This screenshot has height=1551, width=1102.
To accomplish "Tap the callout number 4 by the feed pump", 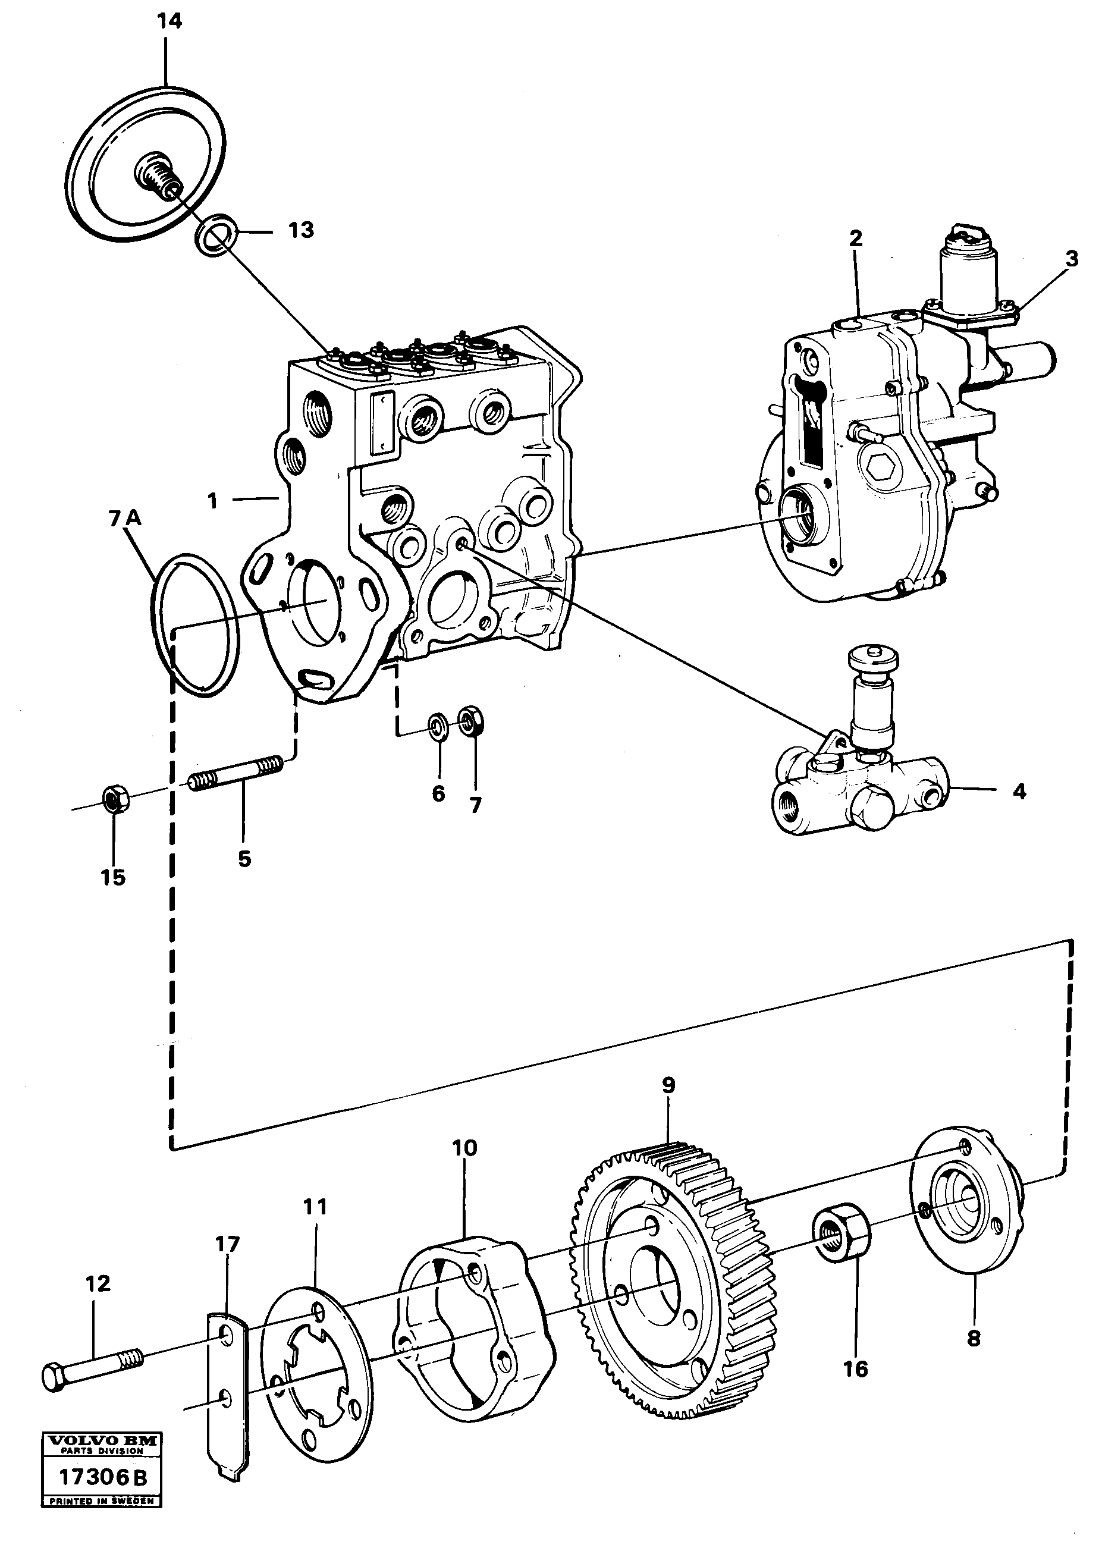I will point(1019,791).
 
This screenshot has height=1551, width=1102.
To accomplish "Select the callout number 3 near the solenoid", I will point(1071,259).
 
